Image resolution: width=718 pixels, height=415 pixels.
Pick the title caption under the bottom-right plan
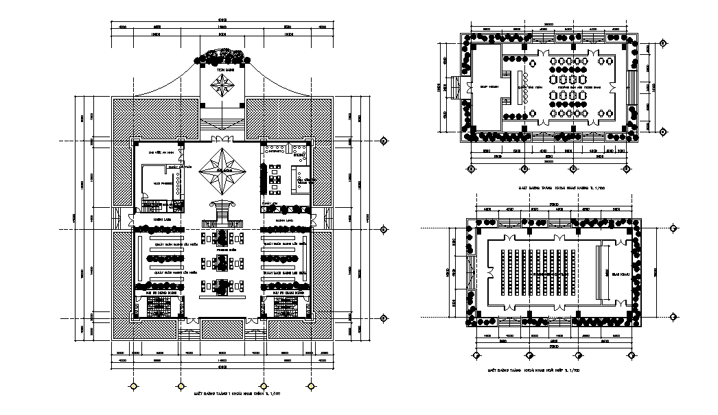tap(533, 370)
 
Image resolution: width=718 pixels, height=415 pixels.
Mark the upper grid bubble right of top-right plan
tap(662, 43)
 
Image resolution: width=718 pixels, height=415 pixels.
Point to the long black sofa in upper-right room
tap(262, 178)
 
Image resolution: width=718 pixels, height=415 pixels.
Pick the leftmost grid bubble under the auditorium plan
tap(475, 355)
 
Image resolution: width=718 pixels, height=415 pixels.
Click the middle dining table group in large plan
tap(221, 262)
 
